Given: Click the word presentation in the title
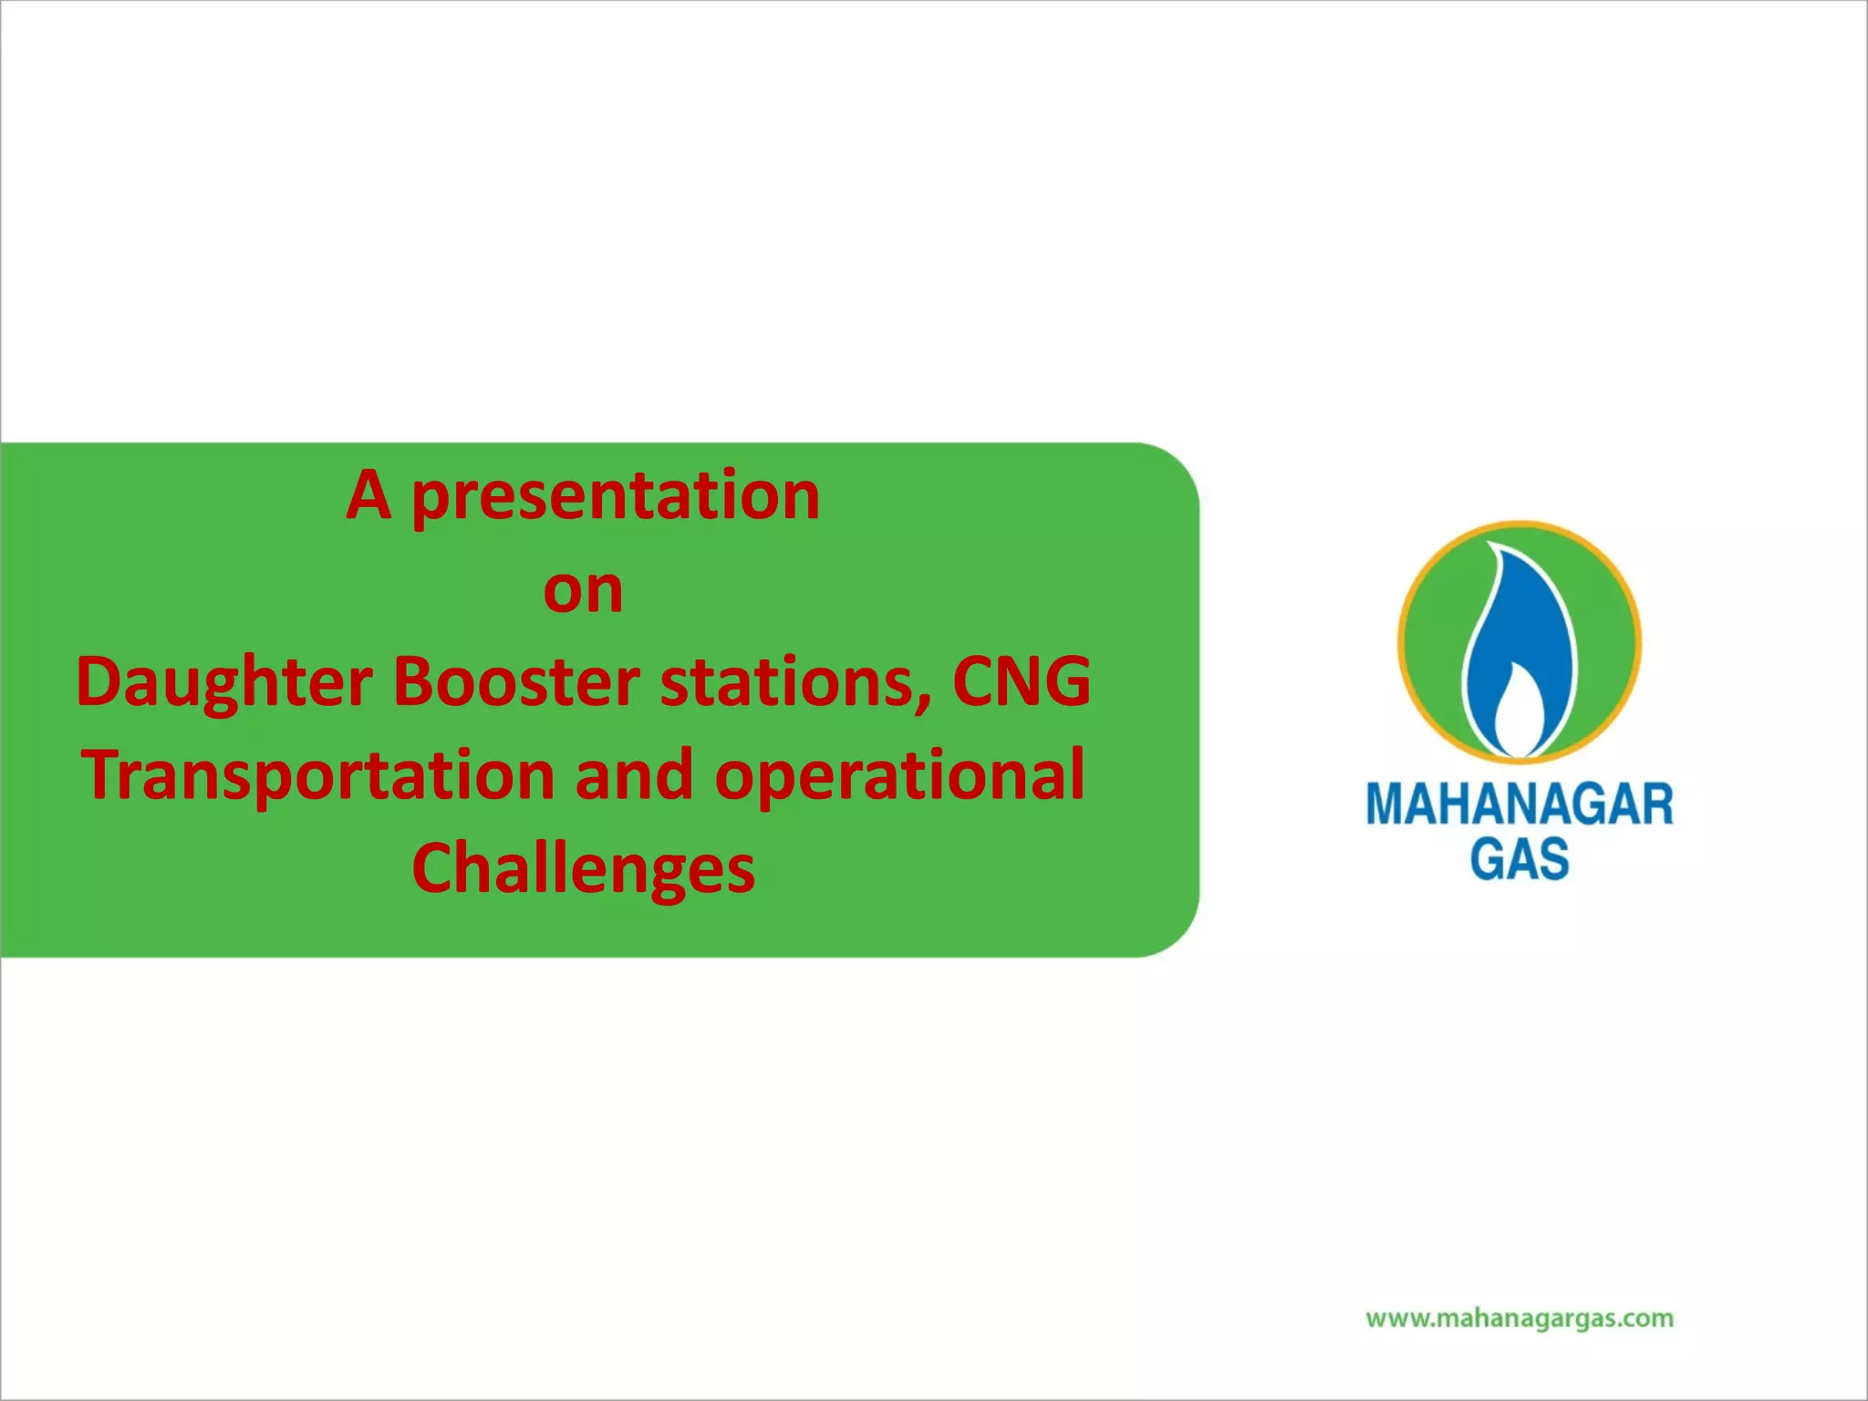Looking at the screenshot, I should tap(616, 497).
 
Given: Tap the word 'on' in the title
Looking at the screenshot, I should tap(583, 590).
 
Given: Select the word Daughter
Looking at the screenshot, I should tap(224, 683).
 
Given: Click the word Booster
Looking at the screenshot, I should tap(516, 683).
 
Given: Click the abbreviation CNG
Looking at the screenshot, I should tap(1021, 681).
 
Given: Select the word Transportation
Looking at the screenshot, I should tap(318, 776).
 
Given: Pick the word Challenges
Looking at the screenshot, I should tap(583, 870).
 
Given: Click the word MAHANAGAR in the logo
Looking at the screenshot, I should tap(1519, 804).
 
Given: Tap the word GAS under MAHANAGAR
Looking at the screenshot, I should tap(1519, 858).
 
